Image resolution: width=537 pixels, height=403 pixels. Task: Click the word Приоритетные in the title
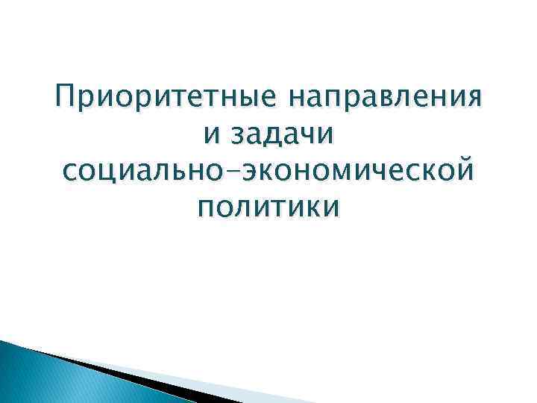click(162, 99)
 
